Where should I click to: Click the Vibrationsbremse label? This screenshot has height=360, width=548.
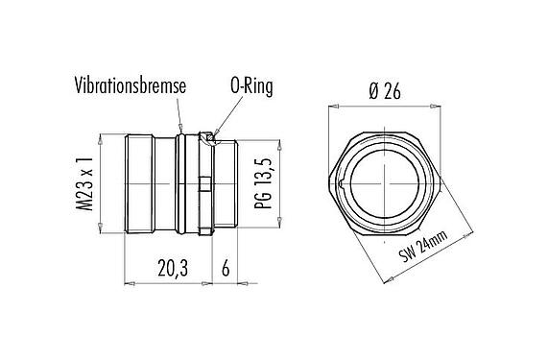click(130, 86)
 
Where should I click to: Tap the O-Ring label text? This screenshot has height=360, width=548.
click(251, 86)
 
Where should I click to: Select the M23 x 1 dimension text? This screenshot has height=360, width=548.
click(84, 183)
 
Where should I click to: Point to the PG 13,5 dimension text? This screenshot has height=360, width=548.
click(263, 183)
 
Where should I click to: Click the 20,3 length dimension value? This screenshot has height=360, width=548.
click(173, 269)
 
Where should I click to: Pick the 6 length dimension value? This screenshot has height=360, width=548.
click(226, 269)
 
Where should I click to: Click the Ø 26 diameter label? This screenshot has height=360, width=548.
click(385, 91)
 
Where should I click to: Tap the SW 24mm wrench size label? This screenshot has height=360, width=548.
click(423, 247)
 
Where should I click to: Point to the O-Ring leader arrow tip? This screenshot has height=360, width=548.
click(215, 134)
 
